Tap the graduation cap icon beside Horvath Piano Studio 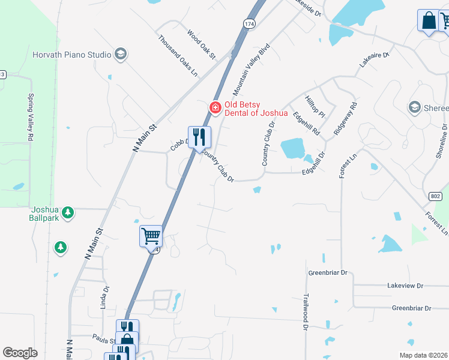[x=120, y=55]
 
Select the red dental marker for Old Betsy [x=215, y=107]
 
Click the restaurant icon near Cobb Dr [x=199, y=137]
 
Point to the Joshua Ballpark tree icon [x=68, y=212]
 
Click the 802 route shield [x=435, y=196]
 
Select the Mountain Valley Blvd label [x=252, y=70]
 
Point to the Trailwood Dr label [x=306, y=311]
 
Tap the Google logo [x=20, y=353]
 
